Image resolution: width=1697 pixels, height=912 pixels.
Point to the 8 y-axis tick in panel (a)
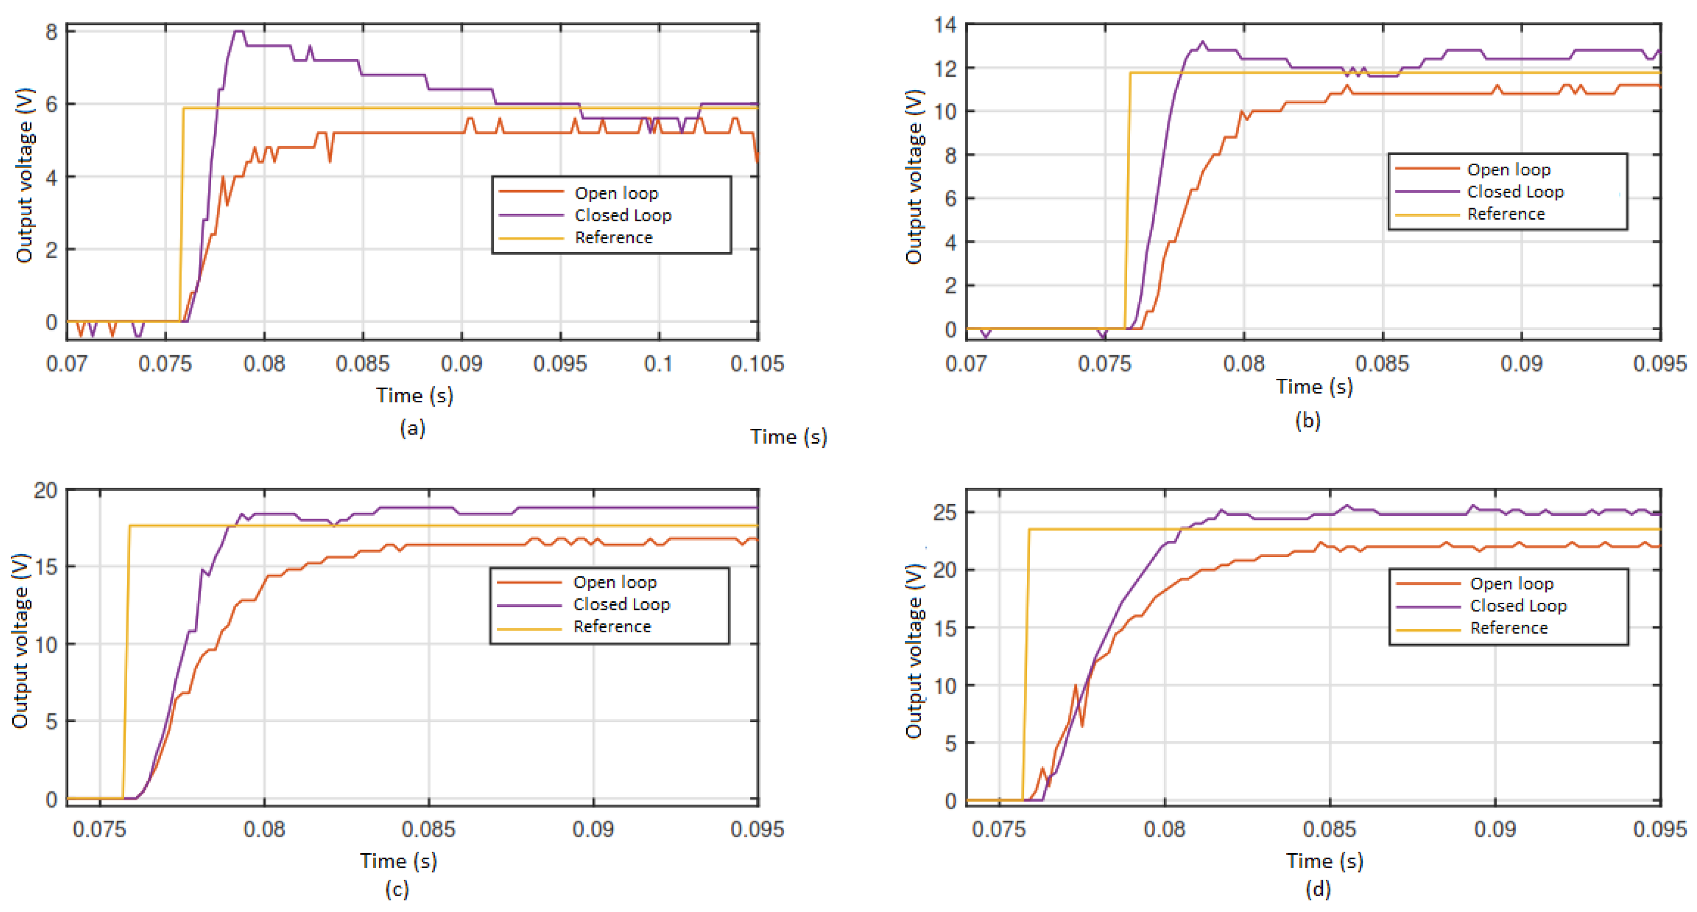coord(52,32)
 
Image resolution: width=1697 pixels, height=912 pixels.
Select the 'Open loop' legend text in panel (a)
coord(616,193)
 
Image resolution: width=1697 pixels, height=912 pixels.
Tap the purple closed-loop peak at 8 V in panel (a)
coord(239,31)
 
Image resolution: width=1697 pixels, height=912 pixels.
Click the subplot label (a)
coord(412,428)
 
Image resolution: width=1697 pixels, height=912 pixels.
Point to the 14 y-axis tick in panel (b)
coord(945,25)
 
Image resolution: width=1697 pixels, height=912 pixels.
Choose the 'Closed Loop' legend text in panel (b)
coord(1515,192)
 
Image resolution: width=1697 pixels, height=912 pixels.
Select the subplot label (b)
coord(1308,420)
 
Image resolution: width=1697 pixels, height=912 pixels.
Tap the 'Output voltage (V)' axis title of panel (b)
coord(914,176)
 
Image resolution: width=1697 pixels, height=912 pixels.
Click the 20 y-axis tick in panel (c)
coord(45,490)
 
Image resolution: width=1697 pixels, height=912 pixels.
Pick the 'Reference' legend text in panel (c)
coord(612,626)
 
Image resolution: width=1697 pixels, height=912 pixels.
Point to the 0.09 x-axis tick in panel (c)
coord(593,829)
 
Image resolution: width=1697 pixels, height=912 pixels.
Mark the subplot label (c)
coord(397,890)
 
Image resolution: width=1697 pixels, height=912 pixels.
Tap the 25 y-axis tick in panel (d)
coord(945,512)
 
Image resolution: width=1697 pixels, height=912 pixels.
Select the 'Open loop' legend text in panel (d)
coord(1512,583)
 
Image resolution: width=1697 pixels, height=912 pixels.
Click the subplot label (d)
coord(1318,890)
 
